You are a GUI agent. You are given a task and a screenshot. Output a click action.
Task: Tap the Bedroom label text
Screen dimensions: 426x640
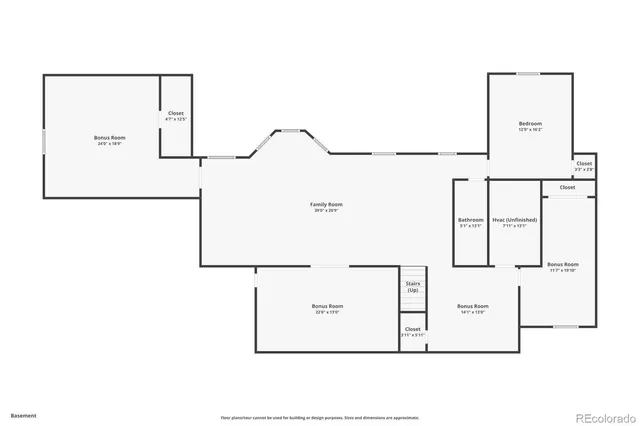tap(530, 123)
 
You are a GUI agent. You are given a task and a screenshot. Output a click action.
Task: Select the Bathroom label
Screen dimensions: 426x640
tap(470, 220)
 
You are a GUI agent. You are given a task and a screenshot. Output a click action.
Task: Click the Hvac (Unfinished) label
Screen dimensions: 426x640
tap(515, 220)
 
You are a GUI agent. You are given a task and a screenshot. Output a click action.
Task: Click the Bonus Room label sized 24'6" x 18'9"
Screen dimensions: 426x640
tap(110, 136)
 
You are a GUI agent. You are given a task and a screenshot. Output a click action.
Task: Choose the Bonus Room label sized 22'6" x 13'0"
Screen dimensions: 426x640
tap(327, 306)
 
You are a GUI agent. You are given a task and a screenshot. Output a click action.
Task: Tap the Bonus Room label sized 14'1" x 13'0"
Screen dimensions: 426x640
tap(472, 306)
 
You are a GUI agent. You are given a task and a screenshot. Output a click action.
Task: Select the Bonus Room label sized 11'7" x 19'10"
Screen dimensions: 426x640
tap(564, 264)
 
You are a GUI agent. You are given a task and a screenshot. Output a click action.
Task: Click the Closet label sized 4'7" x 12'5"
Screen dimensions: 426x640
tap(176, 114)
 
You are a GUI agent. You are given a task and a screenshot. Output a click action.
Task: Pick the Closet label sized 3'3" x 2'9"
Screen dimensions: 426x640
tap(584, 163)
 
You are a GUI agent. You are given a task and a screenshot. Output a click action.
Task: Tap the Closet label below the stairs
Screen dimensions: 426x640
tap(413, 328)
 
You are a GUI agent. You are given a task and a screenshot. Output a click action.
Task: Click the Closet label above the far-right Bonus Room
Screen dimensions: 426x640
tap(567, 187)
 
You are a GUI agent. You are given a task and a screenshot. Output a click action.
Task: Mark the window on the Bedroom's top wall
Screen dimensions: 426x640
tap(529, 73)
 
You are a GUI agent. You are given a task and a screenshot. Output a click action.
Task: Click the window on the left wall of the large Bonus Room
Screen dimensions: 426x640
tap(43, 142)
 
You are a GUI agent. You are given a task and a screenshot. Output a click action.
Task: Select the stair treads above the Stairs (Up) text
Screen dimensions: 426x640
tap(413, 272)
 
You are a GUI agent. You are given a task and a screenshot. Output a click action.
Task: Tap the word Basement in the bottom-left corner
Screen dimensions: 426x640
tap(24, 414)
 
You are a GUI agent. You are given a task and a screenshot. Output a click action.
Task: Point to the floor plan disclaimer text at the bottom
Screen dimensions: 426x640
tap(320, 417)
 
